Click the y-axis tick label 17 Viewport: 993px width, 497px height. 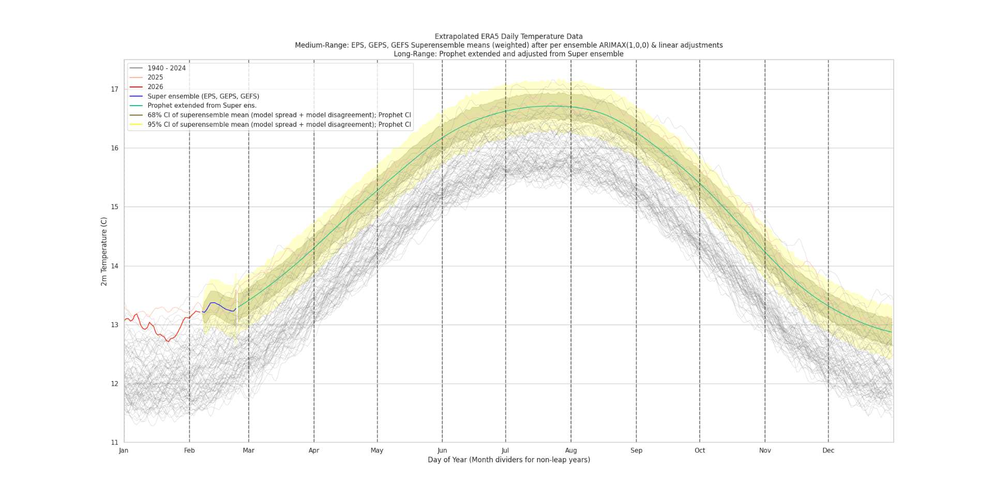click(114, 90)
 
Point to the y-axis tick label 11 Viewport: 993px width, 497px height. click(114, 443)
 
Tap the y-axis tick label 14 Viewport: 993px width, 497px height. click(114, 266)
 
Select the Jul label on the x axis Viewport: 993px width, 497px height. click(505, 450)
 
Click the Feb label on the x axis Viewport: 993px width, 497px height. click(189, 450)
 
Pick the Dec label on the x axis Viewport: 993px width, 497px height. click(828, 450)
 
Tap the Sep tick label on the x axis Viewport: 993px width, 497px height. click(636, 450)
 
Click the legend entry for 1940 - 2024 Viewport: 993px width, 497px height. click(166, 68)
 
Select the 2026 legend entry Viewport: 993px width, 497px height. click(155, 87)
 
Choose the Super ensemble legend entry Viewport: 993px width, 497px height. click(203, 96)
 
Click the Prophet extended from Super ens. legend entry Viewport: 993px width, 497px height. click(202, 106)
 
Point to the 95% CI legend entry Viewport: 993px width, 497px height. click(279, 125)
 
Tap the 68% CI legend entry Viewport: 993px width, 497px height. click(279, 115)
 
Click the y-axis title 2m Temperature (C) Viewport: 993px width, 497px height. click(104, 251)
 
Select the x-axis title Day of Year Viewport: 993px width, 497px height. click(508, 460)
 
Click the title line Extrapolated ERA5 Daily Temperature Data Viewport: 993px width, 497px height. click(508, 37)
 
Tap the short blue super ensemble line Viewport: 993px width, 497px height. click(220, 305)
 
